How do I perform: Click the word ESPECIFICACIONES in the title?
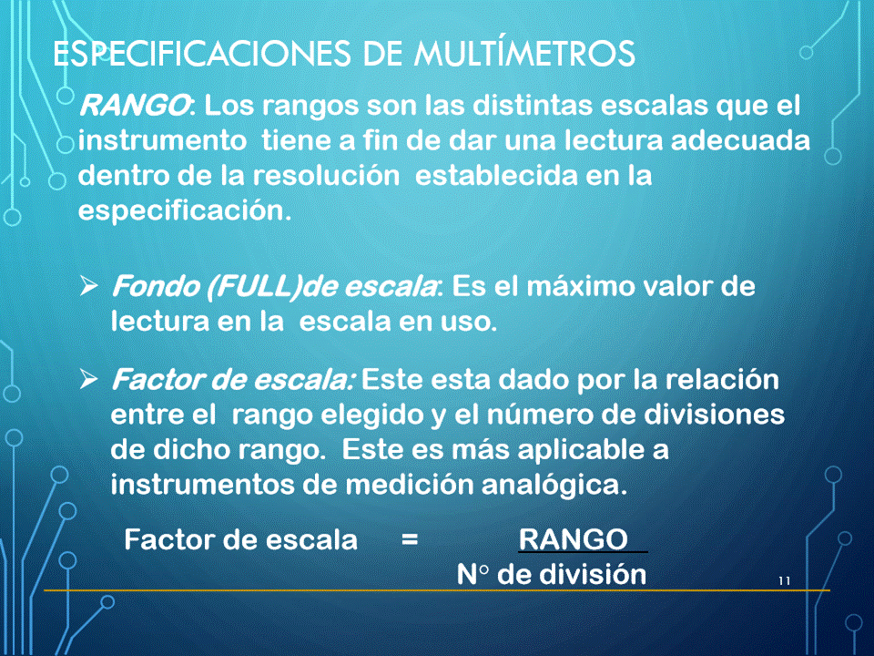coord(202,54)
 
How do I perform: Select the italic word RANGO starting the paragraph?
coord(134,106)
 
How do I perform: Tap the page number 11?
coord(784,580)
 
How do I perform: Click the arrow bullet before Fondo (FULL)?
coord(88,286)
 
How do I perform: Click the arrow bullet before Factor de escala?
coord(88,379)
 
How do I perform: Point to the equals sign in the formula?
coord(410,539)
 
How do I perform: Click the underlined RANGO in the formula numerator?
coord(573,539)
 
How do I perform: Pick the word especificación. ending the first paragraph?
coord(185,211)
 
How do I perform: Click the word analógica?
coord(554,485)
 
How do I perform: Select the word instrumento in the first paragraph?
coord(162,140)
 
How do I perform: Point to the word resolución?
coord(326,176)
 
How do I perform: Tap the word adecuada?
coord(740,140)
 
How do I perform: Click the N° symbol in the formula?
coord(473,575)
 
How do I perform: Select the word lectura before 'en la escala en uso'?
coord(159,322)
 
